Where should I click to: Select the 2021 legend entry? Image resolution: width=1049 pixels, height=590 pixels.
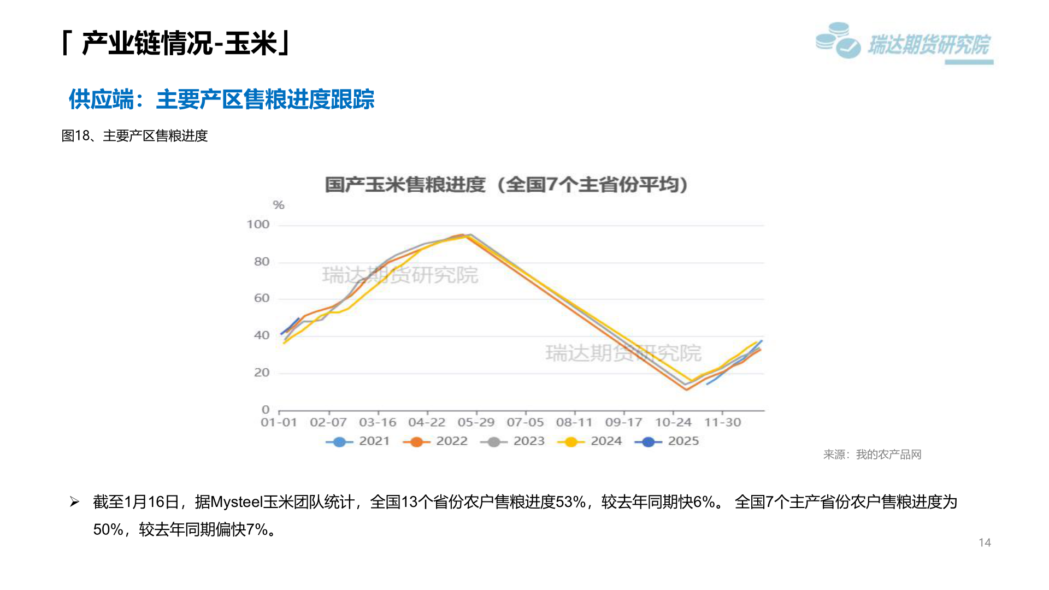click(x=358, y=441)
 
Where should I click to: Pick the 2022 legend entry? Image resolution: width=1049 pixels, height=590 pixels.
click(x=435, y=441)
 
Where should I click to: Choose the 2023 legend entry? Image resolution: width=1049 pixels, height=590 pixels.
click(x=512, y=441)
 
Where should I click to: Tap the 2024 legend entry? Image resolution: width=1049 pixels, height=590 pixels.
click(x=590, y=441)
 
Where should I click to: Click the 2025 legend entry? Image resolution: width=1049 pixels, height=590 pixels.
click(x=667, y=441)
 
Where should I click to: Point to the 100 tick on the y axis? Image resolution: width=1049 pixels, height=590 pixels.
click(x=258, y=225)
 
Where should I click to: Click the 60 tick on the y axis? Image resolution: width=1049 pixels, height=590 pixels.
click(x=262, y=298)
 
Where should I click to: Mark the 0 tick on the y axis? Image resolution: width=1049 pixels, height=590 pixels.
click(x=266, y=410)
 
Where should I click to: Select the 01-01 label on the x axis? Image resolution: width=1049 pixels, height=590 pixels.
click(x=279, y=423)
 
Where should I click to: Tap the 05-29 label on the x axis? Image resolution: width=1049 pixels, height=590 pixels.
click(x=476, y=423)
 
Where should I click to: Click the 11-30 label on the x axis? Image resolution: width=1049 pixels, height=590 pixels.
click(x=722, y=423)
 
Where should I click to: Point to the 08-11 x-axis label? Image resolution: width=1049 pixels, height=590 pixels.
click(x=574, y=423)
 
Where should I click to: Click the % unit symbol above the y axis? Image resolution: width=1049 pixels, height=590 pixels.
click(x=279, y=205)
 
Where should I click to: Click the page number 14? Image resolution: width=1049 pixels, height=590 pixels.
click(x=985, y=542)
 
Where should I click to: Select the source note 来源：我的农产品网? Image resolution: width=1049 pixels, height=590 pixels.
click(x=872, y=455)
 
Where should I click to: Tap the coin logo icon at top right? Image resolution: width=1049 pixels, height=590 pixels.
click(x=838, y=40)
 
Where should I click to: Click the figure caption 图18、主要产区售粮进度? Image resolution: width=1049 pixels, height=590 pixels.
click(x=134, y=135)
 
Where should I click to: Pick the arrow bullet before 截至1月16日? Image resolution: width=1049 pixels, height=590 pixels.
click(x=75, y=502)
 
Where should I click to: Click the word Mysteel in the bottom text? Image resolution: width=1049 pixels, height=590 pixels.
click(x=236, y=502)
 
